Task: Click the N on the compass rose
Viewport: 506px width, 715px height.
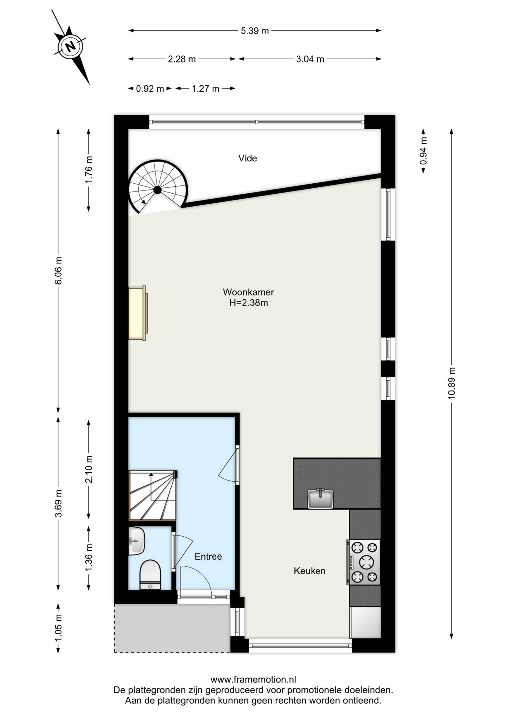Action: coord(71,46)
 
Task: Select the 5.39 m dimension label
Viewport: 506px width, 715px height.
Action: coord(255,31)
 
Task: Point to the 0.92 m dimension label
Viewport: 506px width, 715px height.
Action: coord(150,89)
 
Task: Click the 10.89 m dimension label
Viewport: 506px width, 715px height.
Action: coord(451,383)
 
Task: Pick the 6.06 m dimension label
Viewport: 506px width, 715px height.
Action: coord(58,270)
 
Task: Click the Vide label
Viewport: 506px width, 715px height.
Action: coord(248,158)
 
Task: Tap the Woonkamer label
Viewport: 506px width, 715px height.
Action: coord(248,292)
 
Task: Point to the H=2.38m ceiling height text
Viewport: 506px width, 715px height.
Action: coord(249,303)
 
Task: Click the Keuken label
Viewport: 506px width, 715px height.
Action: coord(309,571)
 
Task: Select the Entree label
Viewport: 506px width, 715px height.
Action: coord(208,556)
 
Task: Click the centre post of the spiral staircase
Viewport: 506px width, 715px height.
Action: coord(157,190)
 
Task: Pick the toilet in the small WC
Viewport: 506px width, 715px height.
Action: coord(150,575)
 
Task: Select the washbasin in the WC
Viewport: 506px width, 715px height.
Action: coord(137,541)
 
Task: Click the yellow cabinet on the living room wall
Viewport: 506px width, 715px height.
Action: coord(138,313)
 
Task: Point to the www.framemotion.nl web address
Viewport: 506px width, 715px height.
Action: coord(253,679)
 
